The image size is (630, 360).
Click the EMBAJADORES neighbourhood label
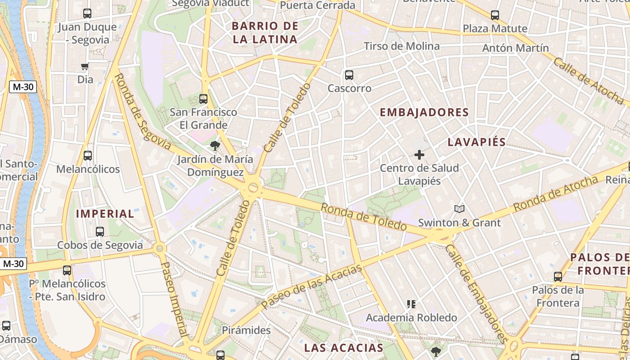coord(424,112)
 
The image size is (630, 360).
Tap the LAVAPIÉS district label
coord(477,142)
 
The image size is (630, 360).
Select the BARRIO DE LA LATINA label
coord(265,32)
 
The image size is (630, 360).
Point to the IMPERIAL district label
coord(105,214)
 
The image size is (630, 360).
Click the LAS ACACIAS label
coord(343,347)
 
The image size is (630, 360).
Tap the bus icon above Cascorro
coord(349,75)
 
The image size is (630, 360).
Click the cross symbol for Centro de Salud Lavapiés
coord(419,155)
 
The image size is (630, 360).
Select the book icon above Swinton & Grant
coord(459,209)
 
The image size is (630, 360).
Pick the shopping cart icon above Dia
coord(85,67)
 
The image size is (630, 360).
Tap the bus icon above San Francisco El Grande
coord(203,99)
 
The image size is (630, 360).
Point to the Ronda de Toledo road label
coord(364,216)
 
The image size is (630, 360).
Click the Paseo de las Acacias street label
coord(311,286)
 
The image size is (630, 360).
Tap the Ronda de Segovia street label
coord(142,112)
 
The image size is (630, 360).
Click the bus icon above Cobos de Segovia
coord(100,232)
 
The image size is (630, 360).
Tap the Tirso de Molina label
coord(401,46)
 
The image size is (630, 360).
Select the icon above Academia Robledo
coord(411,304)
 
